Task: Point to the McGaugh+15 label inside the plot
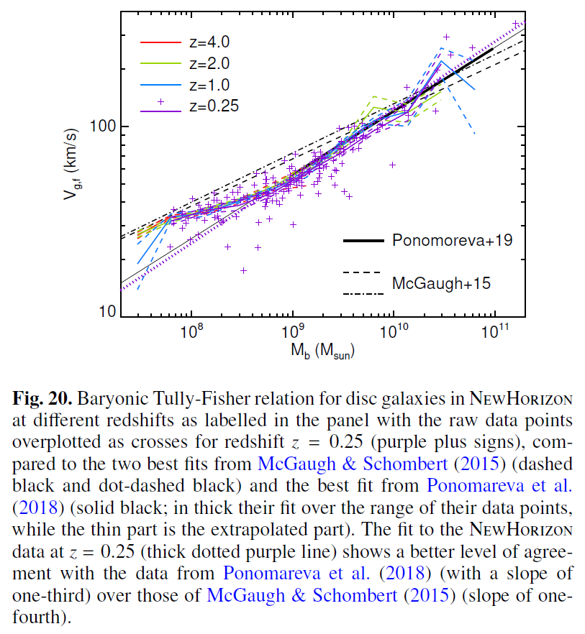441,283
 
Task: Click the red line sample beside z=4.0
158,41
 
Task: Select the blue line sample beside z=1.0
158,85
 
